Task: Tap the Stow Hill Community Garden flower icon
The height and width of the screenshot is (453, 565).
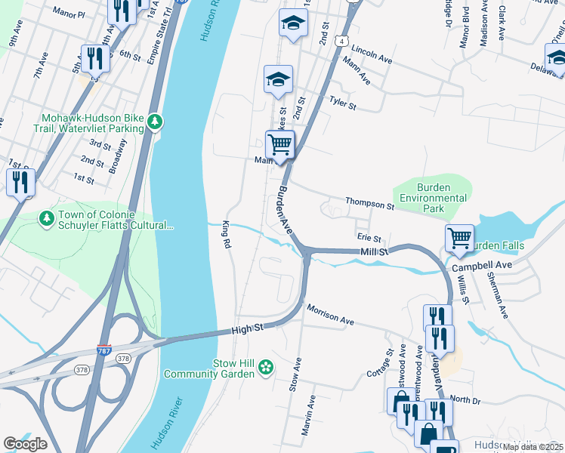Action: pyautogui.click(x=265, y=368)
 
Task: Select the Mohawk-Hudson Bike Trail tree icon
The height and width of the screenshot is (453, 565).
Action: pyautogui.click(x=155, y=122)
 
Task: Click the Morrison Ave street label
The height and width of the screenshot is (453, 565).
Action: pyautogui.click(x=330, y=315)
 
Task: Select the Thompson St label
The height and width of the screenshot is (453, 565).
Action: pyautogui.click(x=370, y=204)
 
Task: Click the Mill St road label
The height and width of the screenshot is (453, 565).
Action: pyautogui.click(x=373, y=251)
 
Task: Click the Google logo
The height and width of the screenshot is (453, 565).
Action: pyautogui.click(x=25, y=444)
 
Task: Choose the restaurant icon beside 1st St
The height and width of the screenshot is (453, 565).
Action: pyautogui.click(x=20, y=181)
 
